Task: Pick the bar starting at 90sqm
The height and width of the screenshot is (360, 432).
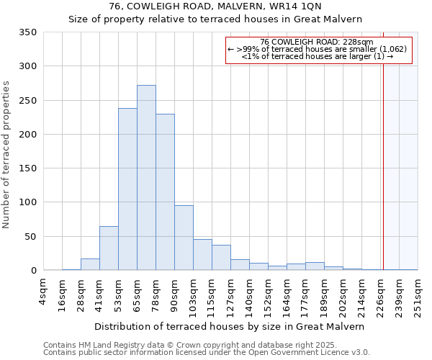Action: [184, 238]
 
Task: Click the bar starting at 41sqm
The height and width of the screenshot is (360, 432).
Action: [109, 248]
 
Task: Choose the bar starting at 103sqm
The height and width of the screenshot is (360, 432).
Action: [202, 255]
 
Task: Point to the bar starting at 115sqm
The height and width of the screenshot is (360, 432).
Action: [221, 258]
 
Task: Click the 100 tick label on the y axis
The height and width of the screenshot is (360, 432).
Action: [28, 202]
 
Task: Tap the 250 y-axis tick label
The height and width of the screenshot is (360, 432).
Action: [28, 101]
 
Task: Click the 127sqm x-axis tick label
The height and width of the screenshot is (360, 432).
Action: [230, 295]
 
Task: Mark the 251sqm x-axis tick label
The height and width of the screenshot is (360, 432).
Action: [418, 295]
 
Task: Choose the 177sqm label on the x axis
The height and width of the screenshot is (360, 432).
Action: [305, 295]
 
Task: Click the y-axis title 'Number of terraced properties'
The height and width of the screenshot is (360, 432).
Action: [7, 155]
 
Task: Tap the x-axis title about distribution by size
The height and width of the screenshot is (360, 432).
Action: [229, 326]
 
